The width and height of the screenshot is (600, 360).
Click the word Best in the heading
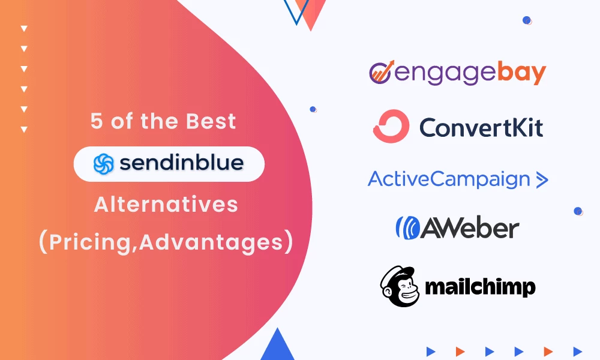tap(210, 122)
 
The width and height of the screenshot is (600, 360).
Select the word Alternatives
tap(166, 205)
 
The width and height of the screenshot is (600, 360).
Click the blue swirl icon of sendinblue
tap(103, 164)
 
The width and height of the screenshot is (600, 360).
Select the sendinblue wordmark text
tap(181, 163)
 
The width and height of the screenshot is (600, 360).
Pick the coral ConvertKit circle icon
tap(391, 127)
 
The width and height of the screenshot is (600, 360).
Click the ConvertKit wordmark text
tap(481, 127)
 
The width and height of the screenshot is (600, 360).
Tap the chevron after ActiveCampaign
tap(542, 179)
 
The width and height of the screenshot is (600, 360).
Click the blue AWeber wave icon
tap(407, 227)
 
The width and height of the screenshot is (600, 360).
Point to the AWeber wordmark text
tap(469, 227)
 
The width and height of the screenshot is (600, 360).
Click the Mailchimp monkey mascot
tap(398, 286)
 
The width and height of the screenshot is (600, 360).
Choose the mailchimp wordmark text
tap(480, 287)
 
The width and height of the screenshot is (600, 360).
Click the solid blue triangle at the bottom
tap(277, 346)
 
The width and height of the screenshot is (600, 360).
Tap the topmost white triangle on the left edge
tap(24, 28)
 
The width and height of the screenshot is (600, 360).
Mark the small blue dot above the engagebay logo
tap(526, 20)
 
